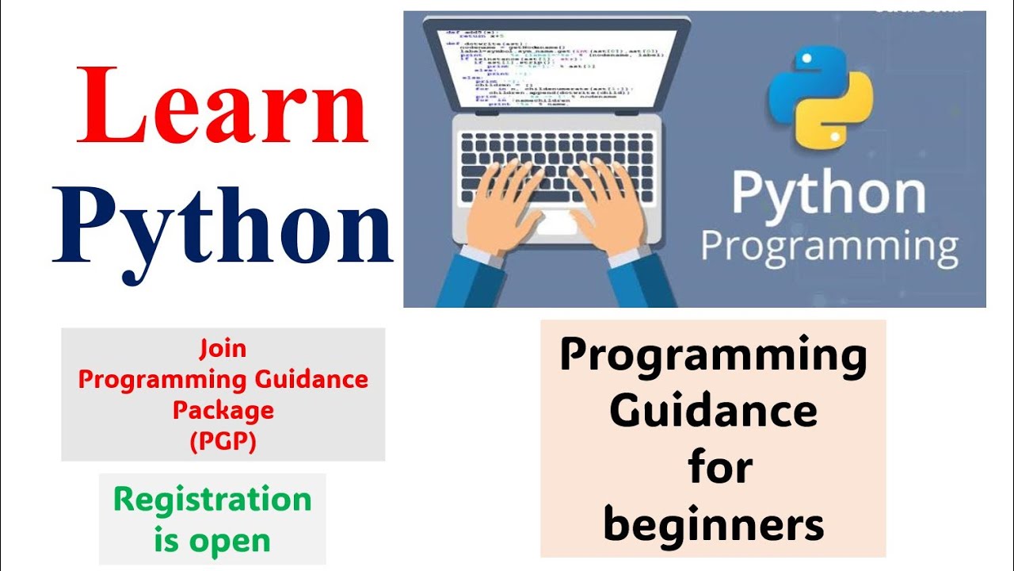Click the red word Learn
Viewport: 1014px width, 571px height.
click(222, 105)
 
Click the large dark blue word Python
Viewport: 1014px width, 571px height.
click(222, 226)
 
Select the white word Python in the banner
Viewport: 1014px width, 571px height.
click(829, 194)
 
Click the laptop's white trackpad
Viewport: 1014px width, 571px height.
click(557, 221)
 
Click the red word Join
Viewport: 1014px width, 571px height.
click(223, 348)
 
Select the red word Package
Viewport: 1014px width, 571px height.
click(223, 410)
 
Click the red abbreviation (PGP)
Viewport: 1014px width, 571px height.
click(223, 441)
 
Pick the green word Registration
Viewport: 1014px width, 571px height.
click(212, 500)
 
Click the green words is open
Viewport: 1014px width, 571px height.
click(212, 541)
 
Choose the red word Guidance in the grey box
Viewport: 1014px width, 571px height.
click(311, 379)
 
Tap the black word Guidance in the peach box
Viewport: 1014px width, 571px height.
click(713, 411)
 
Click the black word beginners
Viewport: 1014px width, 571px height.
click(713, 524)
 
